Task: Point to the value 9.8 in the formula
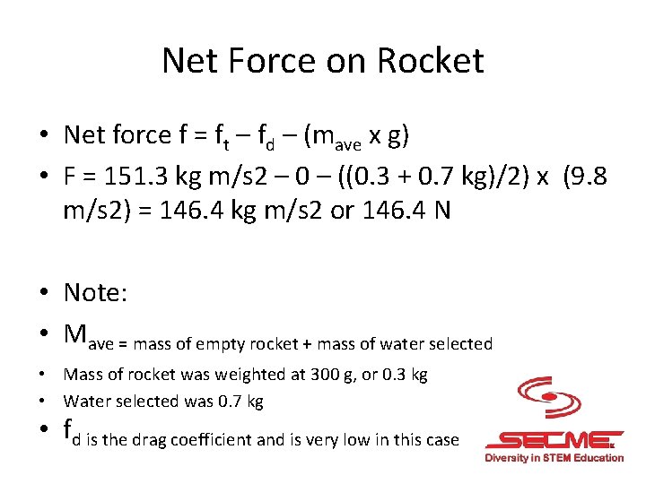coord(588,177)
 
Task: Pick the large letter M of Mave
coord(76,333)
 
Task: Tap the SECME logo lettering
coord(552,440)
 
